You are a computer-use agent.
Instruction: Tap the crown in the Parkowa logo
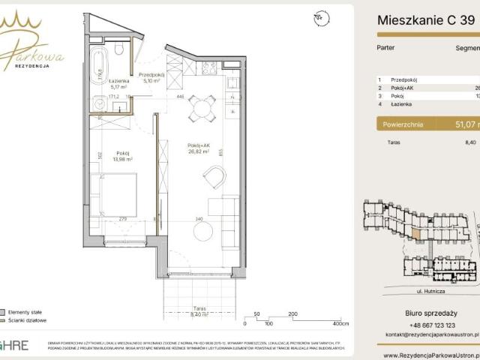point(22,25)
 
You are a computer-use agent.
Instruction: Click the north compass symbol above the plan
point(319,16)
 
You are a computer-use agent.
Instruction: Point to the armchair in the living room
point(214,177)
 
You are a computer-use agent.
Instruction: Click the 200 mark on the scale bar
point(292,315)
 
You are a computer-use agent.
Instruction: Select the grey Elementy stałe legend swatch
point(4,310)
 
